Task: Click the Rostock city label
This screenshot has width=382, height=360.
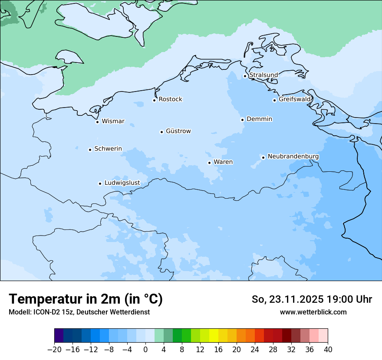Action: pyautogui.click(x=170, y=99)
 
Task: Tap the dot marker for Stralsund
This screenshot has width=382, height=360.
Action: pyautogui.click(x=245, y=76)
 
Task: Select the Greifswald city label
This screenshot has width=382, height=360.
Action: pyautogui.click(x=295, y=99)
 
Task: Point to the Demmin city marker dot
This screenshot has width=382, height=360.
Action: pyautogui.click(x=242, y=120)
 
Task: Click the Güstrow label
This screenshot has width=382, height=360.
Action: pyautogui.click(x=178, y=131)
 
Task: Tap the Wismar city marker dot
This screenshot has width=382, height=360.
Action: pyautogui.click(x=97, y=122)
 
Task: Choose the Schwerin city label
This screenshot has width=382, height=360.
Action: pyautogui.click(x=108, y=149)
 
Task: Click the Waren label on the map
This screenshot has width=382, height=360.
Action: pyautogui.click(x=223, y=162)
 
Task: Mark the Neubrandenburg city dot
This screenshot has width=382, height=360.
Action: pyautogui.click(x=263, y=157)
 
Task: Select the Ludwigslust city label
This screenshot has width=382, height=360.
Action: pyautogui.click(x=122, y=183)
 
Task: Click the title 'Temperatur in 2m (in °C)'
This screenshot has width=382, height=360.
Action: pyautogui.click(x=86, y=299)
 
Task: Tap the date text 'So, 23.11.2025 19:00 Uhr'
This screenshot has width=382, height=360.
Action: pyautogui.click(x=312, y=299)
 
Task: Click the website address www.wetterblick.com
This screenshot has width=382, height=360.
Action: pyautogui.click(x=313, y=312)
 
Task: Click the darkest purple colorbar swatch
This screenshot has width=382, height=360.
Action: pyautogui.click(x=59, y=336)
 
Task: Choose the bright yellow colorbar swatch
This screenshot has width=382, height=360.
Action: pyautogui.click(x=214, y=336)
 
